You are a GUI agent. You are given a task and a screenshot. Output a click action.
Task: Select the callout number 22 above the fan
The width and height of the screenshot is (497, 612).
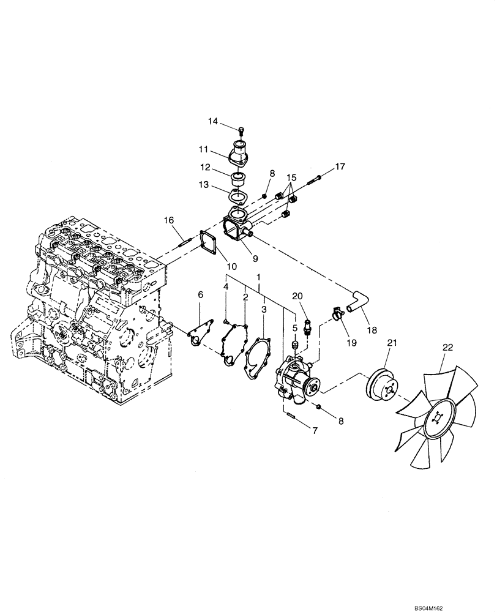[x=448, y=347]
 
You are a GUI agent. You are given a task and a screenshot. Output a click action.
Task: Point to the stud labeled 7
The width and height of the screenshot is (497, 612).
[x=290, y=419]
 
